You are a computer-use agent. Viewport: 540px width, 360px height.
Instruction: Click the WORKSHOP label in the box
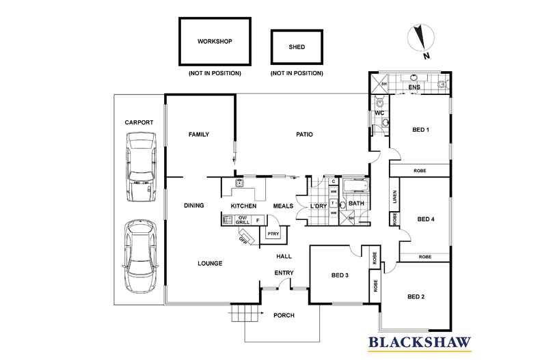pyautogui.click(x=215, y=42)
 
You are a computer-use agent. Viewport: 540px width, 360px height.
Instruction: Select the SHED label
pyautogui.click(x=297, y=47)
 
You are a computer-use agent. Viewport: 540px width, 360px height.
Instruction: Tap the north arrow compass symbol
pyautogui.click(x=419, y=40)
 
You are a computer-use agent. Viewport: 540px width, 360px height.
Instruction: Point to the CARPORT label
pyautogui.click(x=139, y=122)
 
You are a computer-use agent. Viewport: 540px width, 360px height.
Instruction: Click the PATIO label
pyautogui.click(x=304, y=135)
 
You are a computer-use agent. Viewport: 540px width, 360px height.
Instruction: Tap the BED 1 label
pyautogui.click(x=420, y=130)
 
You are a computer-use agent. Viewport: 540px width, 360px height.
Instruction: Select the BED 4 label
pyautogui.click(x=426, y=219)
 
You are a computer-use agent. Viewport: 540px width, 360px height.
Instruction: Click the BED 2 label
pyautogui.click(x=416, y=296)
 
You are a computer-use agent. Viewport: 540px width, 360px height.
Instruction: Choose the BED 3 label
pyautogui.click(x=340, y=275)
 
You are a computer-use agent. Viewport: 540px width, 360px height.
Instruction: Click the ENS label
pyautogui.click(x=414, y=88)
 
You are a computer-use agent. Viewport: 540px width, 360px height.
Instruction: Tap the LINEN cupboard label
pyautogui.click(x=394, y=196)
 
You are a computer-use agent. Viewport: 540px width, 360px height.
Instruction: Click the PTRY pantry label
pyautogui.click(x=273, y=234)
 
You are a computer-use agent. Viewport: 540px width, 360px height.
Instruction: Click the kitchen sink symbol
pyautogui.click(x=239, y=184)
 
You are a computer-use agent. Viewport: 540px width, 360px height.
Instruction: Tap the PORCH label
pyautogui.click(x=284, y=316)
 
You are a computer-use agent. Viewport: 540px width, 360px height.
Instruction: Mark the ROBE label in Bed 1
pyautogui.click(x=420, y=170)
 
